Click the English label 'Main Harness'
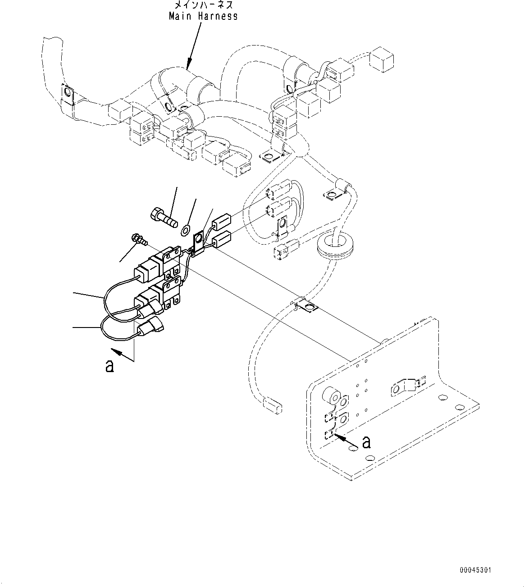tap(203, 16)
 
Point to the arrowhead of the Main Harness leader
tap(189, 67)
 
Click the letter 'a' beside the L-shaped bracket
tap(367, 442)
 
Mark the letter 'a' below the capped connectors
tap(109, 365)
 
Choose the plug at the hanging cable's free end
tap(273, 404)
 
